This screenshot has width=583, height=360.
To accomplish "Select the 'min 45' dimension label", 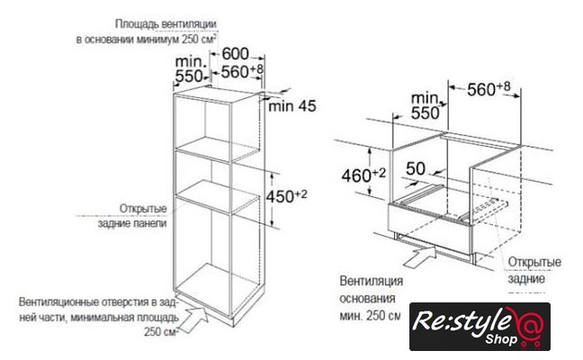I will [x=294, y=107].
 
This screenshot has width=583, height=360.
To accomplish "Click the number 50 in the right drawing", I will [x=415, y=168].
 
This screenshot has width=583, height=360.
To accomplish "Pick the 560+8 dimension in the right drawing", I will [x=482, y=88].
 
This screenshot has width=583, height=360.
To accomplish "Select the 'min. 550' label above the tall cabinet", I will [x=189, y=70].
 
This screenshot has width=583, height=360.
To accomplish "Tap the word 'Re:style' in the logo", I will [x=458, y=319].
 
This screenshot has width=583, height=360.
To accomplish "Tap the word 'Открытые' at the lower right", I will [x=530, y=261].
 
